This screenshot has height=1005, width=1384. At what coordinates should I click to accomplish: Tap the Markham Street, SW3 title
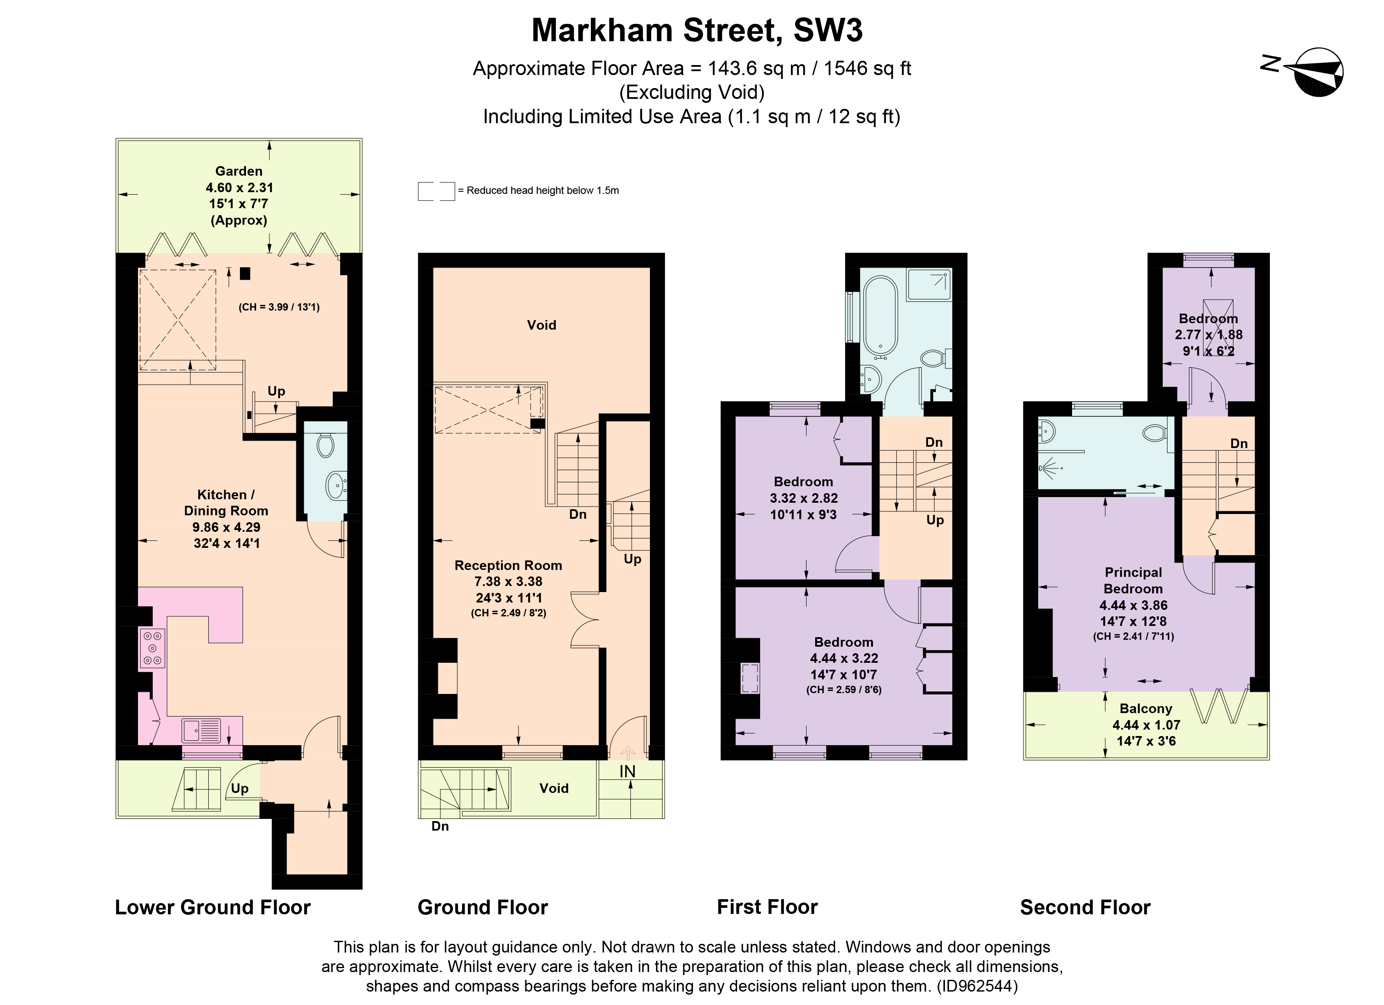point(697,30)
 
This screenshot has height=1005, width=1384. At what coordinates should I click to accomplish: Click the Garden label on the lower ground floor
point(239,171)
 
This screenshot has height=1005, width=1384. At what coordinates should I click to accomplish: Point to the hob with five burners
point(153,648)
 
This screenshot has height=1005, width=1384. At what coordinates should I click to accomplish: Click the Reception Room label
point(508,566)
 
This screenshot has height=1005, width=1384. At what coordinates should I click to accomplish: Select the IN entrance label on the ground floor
point(627,772)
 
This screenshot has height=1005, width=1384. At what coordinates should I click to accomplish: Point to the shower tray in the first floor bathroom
point(929,285)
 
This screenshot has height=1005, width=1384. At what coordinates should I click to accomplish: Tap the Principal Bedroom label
point(1133,580)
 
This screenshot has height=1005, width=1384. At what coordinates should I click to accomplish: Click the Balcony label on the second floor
point(1145,709)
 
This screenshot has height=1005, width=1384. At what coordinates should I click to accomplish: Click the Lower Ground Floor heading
point(212,908)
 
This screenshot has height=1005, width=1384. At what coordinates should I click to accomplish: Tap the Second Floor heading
point(1085,908)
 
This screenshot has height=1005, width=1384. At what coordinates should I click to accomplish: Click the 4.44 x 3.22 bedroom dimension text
point(843,658)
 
